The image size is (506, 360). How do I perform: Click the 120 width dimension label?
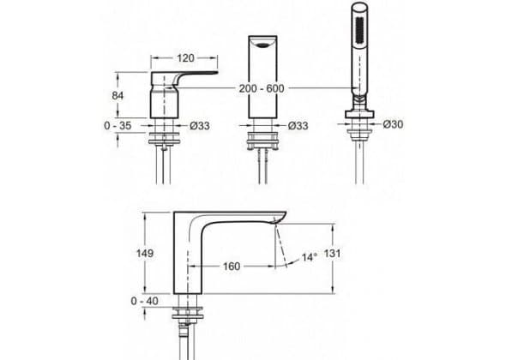click(x=185, y=58)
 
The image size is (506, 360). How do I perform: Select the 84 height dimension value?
click(x=117, y=96)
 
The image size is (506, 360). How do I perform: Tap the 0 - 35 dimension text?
click(x=117, y=125)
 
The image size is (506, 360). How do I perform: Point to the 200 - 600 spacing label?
click(x=262, y=88)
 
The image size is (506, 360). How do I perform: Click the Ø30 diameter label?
click(x=393, y=124)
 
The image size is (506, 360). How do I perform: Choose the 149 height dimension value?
click(x=145, y=253)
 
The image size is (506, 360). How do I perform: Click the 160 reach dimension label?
click(x=232, y=267)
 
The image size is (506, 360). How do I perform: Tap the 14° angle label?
click(x=309, y=257)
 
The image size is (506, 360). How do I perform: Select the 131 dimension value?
click(x=332, y=253)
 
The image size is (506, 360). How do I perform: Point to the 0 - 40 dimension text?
click(x=145, y=301)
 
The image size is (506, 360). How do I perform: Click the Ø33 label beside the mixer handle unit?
click(x=200, y=125)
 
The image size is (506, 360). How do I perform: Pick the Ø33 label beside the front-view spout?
click(x=298, y=125)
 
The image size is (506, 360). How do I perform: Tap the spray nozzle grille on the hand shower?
click(x=359, y=33)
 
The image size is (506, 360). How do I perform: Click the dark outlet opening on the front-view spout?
click(x=263, y=45)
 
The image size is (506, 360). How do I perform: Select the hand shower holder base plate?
click(x=359, y=114)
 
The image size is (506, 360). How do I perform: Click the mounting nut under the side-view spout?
click(x=187, y=312)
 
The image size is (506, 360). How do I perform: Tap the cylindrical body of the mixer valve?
click(x=165, y=105)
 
